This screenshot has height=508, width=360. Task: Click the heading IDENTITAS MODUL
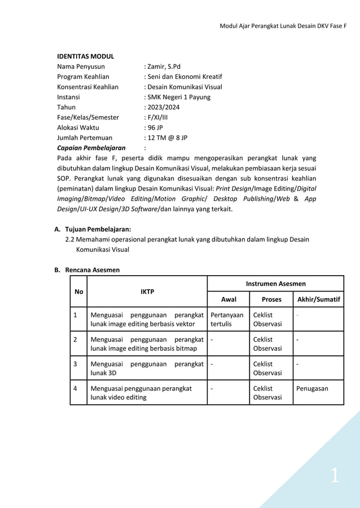click(85, 56)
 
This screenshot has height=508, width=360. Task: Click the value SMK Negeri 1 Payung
click(178, 97)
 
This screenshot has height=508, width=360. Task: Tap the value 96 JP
click(155, 127)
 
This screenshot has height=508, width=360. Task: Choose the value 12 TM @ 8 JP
click(167, 138)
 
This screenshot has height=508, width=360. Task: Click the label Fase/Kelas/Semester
click(88, 117)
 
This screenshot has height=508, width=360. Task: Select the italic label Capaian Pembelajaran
click(91, 148)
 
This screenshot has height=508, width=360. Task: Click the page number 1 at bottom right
click(335, 476)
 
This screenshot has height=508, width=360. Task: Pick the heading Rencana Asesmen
click(92, 270)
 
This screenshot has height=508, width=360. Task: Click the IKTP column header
click(147, 291)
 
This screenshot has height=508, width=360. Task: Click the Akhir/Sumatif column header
click(318, 299)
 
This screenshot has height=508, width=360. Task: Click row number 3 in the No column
click(76, 364)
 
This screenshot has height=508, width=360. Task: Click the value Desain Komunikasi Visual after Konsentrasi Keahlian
click(184, 87)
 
